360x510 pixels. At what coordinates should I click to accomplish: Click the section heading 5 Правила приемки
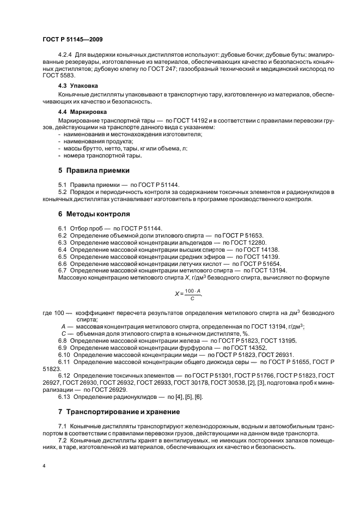tap(94, 171)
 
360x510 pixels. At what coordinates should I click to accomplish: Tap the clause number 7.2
tap(62, 440)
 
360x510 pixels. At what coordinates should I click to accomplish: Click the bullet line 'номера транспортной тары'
tap(95, 156)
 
